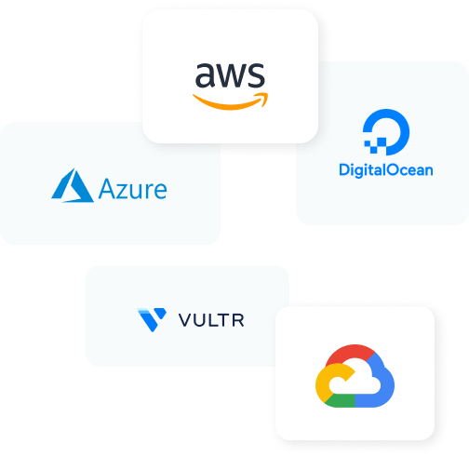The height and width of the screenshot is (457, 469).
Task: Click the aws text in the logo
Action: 230,75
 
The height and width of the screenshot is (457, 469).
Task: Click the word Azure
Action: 132,189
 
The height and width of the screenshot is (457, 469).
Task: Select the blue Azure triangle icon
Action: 73,185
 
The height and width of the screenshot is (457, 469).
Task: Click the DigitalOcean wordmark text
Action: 386,170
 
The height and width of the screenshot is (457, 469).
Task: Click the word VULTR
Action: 211,320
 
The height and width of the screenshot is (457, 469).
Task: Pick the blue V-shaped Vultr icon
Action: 152,320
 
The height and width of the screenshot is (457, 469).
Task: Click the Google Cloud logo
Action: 355,376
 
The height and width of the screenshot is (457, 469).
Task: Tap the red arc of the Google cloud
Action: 351,352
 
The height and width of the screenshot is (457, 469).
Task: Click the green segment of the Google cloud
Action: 340,401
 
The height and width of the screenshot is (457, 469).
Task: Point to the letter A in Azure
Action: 108,189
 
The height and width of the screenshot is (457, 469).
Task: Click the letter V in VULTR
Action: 186,320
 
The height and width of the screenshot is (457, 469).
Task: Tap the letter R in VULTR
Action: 238,320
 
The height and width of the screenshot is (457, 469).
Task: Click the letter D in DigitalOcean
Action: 344,169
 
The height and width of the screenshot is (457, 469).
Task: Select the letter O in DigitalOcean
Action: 394,169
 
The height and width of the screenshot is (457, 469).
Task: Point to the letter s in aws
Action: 258,75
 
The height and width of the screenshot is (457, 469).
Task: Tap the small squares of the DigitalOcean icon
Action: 375,145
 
